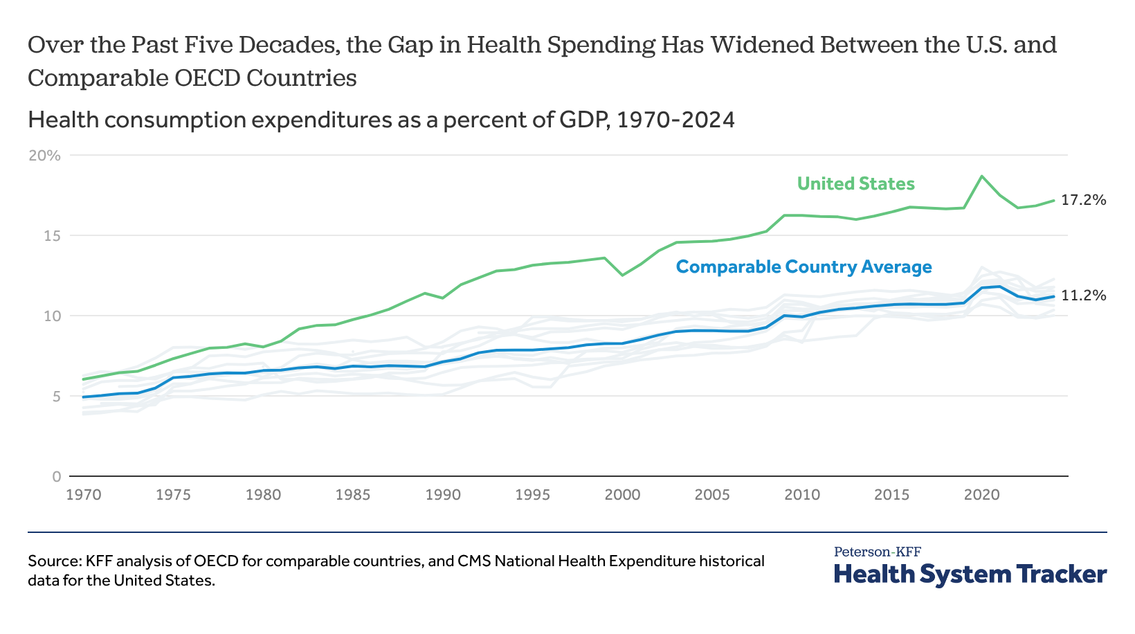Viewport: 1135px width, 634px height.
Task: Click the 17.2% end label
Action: point(1083,200)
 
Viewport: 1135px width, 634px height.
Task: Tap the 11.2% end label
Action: point(1083,296)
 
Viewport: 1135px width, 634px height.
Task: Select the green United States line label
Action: point(855,183)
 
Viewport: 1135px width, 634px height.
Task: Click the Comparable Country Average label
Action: point(803,266)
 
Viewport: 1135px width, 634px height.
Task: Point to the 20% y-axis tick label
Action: point(44,156)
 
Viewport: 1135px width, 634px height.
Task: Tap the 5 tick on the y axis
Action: point(55,397)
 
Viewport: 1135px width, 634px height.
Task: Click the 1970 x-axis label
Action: point(84,495)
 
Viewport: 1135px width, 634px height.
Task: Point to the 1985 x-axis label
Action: point(353,495)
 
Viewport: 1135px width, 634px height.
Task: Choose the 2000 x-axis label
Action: point(622,495)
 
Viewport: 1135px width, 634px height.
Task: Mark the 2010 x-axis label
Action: point(802,495)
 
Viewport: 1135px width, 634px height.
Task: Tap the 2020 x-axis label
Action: point(981,495)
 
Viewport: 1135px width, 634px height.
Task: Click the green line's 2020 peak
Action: point(981,176)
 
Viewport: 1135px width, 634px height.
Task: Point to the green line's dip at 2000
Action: point(622,275)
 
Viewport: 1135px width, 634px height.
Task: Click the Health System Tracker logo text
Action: point(970,574)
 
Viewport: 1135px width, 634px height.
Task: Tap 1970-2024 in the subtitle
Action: point(675,120)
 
